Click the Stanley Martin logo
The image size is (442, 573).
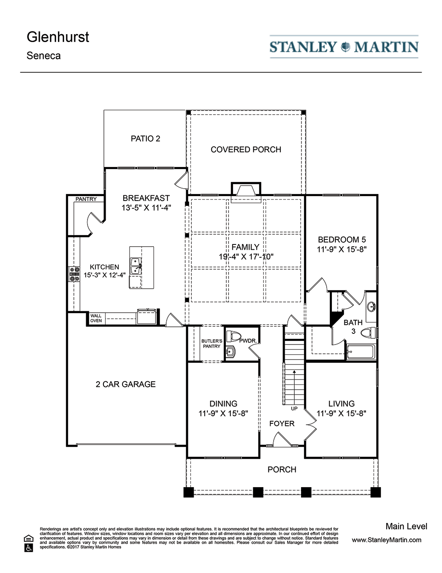[344, 46]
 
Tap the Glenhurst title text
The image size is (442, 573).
[58, 37]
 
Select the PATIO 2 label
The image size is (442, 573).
[145, 139]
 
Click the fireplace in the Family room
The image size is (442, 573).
[246, 192]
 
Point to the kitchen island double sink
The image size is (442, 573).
[136, 266]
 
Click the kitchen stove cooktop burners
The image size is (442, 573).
[74, 274]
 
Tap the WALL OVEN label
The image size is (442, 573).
[96, 318]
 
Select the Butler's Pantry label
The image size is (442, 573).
[212, 344]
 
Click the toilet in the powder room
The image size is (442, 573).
[234, 337]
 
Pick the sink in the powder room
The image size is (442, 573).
[231, 352]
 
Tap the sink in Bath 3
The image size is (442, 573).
[371, 307]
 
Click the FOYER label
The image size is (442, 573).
[282, 423]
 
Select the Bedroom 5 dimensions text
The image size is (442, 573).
[342, 249]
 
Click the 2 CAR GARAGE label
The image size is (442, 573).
[126, 384]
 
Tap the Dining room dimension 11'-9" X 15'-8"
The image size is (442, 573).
[223, 413]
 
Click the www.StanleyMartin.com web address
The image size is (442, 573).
[386, 540]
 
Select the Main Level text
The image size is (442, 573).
[406, 527]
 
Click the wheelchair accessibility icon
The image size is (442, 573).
[29, 548]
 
